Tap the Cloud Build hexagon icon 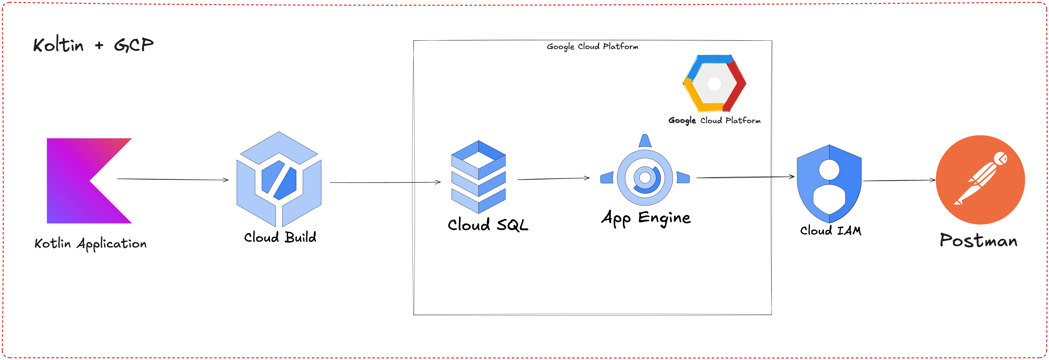pos(279,179)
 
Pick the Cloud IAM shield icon pos(829,183)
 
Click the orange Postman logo pos(980,180)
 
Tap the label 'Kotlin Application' pos(90,244)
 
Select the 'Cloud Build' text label pos(280,237)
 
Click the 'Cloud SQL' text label pos(488,224)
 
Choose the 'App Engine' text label pos(646,218)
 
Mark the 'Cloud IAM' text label pos(831,231)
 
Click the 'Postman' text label pos(979,240)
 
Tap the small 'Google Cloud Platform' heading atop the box pos(592,46)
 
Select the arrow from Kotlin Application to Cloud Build pos(173,179)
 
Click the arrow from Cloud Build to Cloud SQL pos(385,182)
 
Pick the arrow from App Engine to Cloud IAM pos(745,177)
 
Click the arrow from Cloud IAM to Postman pos(899,180)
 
